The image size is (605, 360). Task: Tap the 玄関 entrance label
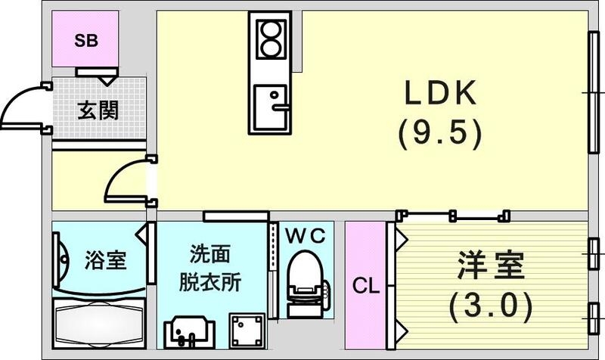pyautogui.click(x=98, y=110)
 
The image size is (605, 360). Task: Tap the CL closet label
pyautogui.click(x=366, y=287)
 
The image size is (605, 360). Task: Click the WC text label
pyautogui.click(x=306, y=236)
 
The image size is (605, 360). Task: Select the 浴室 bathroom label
pyautogui.click(x=104, y=262)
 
